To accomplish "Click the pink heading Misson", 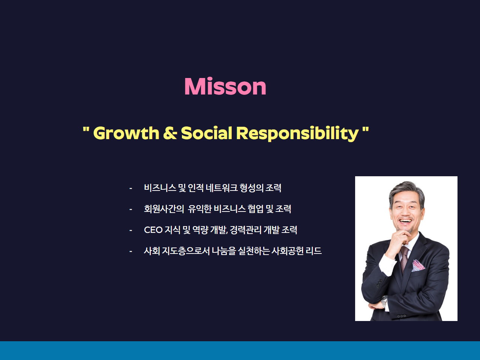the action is point(225,86).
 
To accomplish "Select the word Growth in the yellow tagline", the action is point(126,133).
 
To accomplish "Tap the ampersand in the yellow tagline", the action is point(170,133).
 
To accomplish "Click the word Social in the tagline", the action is point(206,133).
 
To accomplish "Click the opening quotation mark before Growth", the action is point(86,129).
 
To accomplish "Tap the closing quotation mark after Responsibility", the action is point(365,129).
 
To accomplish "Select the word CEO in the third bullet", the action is point(153,230).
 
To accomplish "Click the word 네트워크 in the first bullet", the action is point(222,188).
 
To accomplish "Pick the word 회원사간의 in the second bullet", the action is point(164,209).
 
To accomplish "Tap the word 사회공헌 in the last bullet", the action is point(288,251).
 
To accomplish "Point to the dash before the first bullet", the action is point(131,188).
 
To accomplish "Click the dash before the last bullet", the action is point(131,251).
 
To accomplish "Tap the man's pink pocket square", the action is point(418,265).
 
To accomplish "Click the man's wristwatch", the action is point(384,301).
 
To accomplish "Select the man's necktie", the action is point(404,258).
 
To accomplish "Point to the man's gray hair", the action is point(406,191).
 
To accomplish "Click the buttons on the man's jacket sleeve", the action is point(402,316).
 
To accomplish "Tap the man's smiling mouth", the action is point(406,221).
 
